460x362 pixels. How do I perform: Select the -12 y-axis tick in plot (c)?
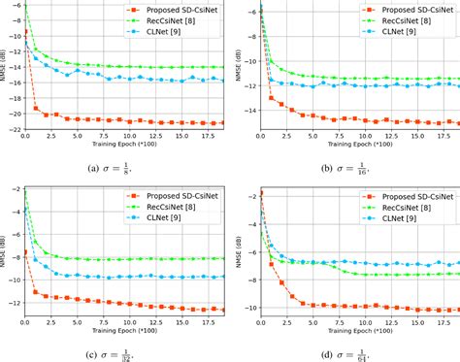pyautogui.click(x=12, y=304)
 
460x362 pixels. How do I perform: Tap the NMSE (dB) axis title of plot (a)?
pyautogui.click(x=4, y=68)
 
